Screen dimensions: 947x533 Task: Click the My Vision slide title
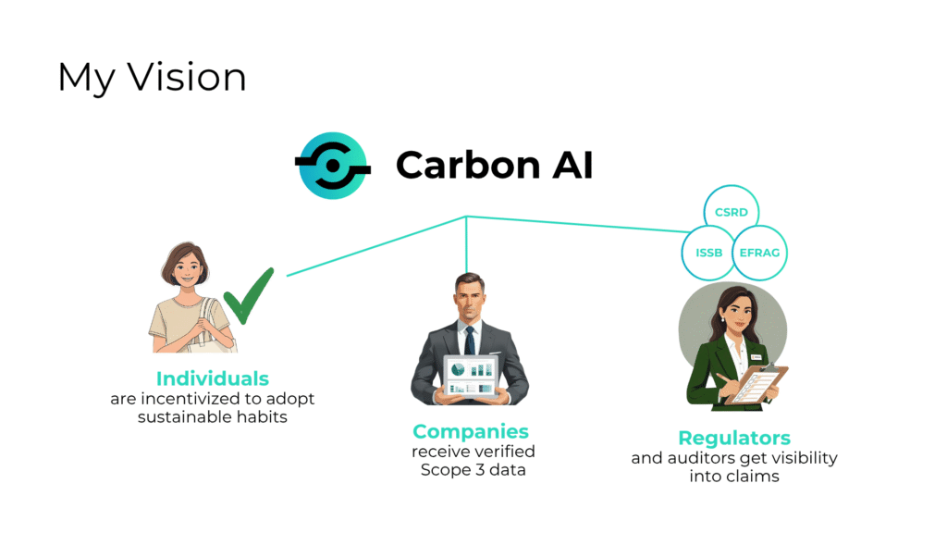pyautogui.click(x=152, y=79)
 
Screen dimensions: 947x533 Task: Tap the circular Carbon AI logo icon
pyautogui.click(x=333, y=166)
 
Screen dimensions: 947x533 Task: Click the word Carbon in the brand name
pyautogui.click(x=467, y=165)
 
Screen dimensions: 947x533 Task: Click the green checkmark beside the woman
pyautogui.click(x=248, y=296)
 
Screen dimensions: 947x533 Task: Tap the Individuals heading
pyautogui.click(x=213, y=378)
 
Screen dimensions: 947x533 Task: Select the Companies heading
pyautogui.click(x=471, y=431)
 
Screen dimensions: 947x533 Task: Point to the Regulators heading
pyautogui.click(x=734, y=438)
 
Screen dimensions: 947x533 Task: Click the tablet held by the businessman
pyautogui.click(x=472, y=377)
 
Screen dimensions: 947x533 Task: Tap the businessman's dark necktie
pyautogui.click(x=469, y=341)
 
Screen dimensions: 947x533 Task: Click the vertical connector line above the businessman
pyautogui.click(x=466, y=244)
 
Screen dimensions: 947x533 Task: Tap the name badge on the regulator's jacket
pyautogui.click(x=756, y=357)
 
